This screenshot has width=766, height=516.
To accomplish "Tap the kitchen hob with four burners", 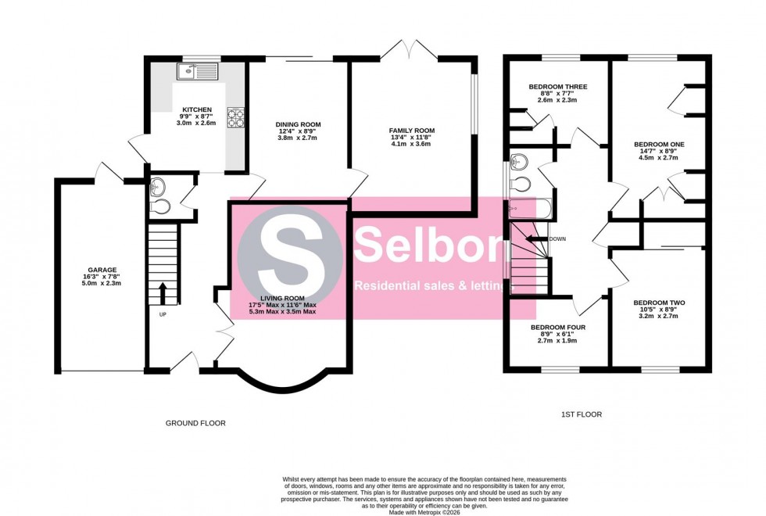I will click(x=235, y=116).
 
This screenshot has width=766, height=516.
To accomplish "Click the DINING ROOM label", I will click(x=297, y=124).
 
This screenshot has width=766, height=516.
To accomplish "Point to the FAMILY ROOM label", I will click(x=412, y=131).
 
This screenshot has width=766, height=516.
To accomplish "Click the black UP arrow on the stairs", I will click(x=163, y=293).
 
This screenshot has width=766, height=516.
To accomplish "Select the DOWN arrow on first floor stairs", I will click(x=538, y=239).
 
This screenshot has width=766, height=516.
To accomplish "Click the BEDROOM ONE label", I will click(x=659, y=144).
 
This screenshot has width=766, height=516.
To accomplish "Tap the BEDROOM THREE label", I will click(x=557, y=87).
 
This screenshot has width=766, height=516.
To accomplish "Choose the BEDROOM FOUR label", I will click(x=557, y=328).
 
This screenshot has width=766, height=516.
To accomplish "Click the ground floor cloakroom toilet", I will click(x=161, y=206).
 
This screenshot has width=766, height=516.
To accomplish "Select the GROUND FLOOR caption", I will click(x=195, y=423).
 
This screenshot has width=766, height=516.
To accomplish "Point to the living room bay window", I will click(x=282, y=383).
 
